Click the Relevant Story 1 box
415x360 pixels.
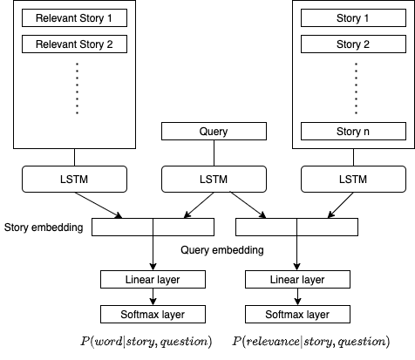[74, 18]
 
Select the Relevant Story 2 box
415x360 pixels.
[74, 44]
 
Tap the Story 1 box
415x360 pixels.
[353, 18]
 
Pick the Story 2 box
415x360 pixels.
[353, 44]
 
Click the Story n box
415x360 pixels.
[353, 132]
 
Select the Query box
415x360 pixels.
[214, 132]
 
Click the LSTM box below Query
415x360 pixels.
[214, 179]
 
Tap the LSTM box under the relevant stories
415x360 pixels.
[74, 179]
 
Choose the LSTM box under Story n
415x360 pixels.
[353, 179]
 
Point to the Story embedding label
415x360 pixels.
[44, 228]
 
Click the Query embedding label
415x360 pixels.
[222, 250]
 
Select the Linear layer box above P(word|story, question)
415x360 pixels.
[153, 280]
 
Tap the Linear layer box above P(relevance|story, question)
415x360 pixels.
[297, 280]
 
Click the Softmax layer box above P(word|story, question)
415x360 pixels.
[153, 315]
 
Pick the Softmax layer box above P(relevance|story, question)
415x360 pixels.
[297, 315]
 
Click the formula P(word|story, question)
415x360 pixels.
[146, 341]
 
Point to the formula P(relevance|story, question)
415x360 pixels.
[311, 341]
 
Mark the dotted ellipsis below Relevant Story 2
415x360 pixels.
[77, 88]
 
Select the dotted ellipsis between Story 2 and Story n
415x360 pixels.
[356, 88]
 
